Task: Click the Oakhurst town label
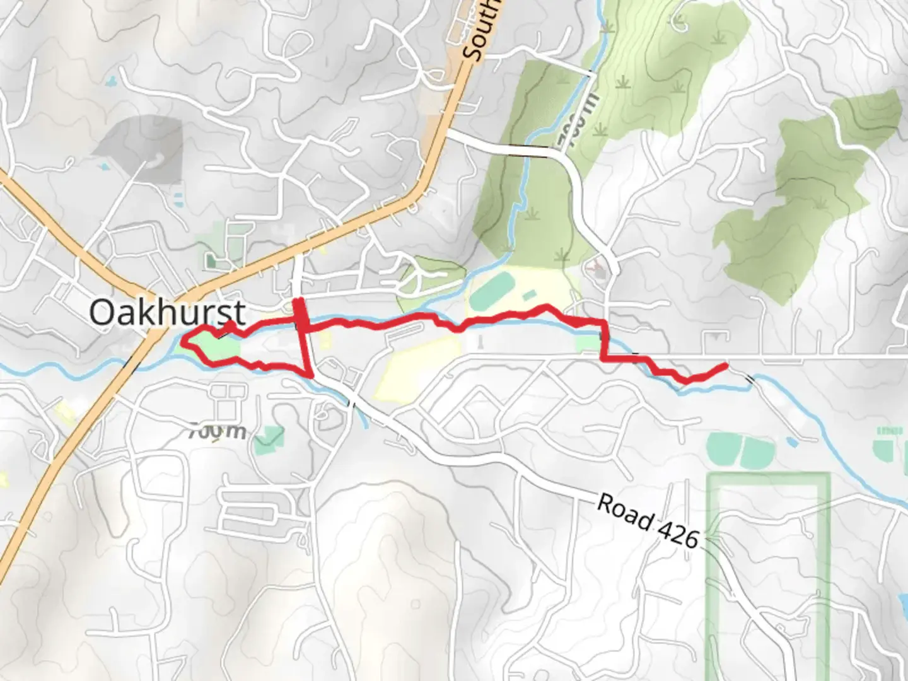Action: [x=167, y=312]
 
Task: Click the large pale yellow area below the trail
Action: [x=416, y=372]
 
